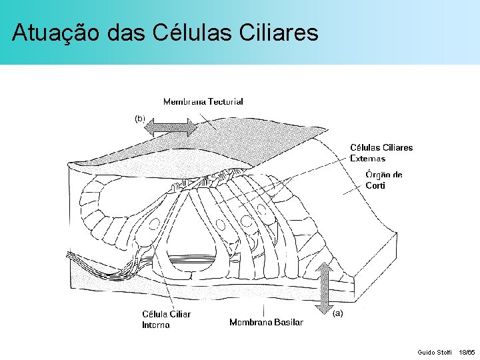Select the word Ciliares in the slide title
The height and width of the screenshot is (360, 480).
point(280,33)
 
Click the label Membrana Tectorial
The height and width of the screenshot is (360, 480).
point(203,102)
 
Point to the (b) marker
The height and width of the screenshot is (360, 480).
point(140,118)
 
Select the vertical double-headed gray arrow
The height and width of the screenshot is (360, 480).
point(325,288)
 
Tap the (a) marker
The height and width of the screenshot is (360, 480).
point(337,313)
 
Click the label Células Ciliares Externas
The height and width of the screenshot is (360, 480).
point(381,153)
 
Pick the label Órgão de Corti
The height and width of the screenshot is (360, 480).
point(383,180)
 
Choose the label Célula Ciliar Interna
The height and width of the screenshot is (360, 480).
point(166,319)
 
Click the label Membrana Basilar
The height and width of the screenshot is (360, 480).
point(266,322)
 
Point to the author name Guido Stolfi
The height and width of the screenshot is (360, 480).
point(434,351)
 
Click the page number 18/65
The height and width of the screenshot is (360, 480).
point(467,351)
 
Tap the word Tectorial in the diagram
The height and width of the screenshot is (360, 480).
point(225,102)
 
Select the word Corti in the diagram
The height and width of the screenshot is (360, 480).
point(375,186)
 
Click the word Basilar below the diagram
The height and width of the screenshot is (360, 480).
point(289,322)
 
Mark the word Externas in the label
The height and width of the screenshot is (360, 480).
point(367,159)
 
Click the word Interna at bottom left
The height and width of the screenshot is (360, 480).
point(155,325)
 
